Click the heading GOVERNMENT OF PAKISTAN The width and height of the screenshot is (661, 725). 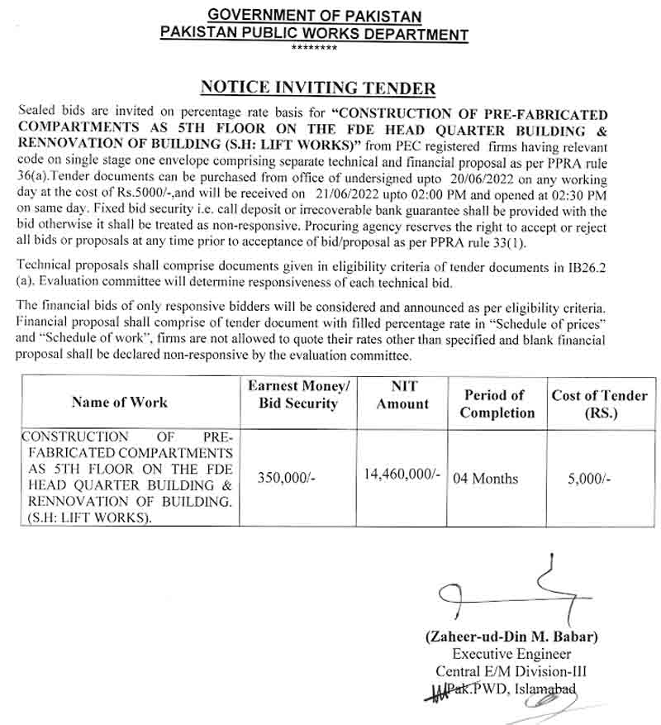(314, 16)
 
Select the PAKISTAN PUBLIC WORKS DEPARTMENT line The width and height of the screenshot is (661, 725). (314, 34)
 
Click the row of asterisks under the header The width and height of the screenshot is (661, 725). (314, 48)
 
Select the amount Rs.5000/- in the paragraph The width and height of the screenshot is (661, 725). (164, 194)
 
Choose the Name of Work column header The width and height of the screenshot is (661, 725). (119, 403)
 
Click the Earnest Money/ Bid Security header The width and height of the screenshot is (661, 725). (298, 394)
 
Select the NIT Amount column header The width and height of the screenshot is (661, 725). (402, 394)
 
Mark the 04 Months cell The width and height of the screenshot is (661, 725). (486, 478)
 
